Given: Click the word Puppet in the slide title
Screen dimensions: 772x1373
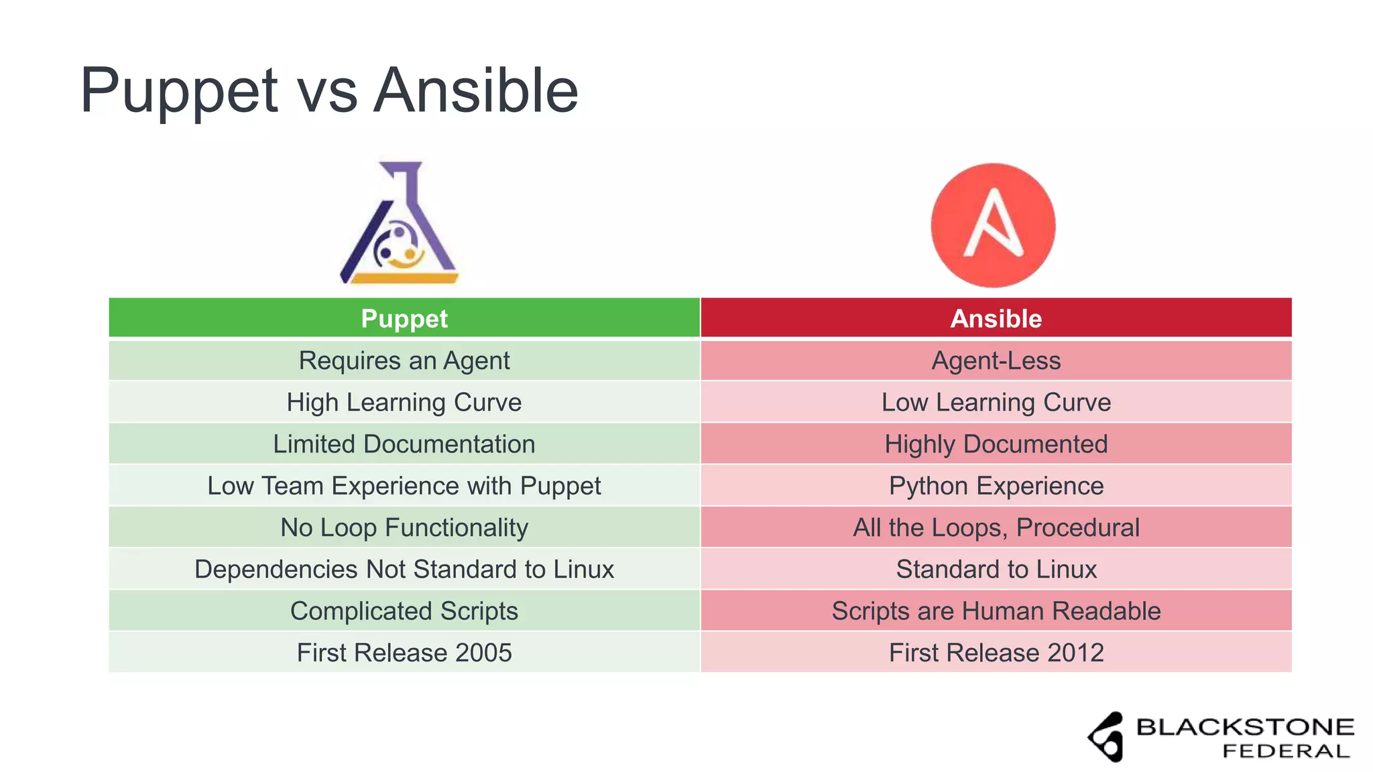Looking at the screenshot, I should tap(178, 92).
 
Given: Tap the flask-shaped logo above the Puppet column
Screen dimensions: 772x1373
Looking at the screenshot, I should tap(400, 223).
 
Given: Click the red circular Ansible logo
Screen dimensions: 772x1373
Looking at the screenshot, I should tap(993, 225).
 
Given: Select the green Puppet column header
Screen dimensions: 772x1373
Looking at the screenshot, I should tap(404, 318).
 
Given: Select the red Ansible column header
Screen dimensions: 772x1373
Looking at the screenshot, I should tap(996, 318).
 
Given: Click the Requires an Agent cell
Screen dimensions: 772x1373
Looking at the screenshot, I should tap(404, 361).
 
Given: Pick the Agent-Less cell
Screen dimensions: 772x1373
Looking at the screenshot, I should tap(996, 361).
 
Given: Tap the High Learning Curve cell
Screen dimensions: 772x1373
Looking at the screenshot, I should tap(404, 402).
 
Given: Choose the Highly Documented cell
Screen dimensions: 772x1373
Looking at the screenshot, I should tap(996, 444).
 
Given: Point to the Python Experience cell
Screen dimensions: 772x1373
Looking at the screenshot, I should tap(996, 486).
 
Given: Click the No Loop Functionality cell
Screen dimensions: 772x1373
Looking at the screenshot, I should tap(404, 527).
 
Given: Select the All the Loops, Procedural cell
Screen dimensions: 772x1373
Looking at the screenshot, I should tap(996, 527).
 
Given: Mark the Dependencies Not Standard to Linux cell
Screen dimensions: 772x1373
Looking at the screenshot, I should tap(404, 569).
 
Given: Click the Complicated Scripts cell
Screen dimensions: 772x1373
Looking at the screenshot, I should tap(404, 610).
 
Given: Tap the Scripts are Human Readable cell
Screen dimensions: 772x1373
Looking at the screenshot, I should tap(996, 610).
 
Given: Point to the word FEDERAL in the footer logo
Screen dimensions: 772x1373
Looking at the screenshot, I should tap(1286, 751).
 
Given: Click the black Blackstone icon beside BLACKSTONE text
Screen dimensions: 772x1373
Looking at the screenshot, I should tap(1107, 736).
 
